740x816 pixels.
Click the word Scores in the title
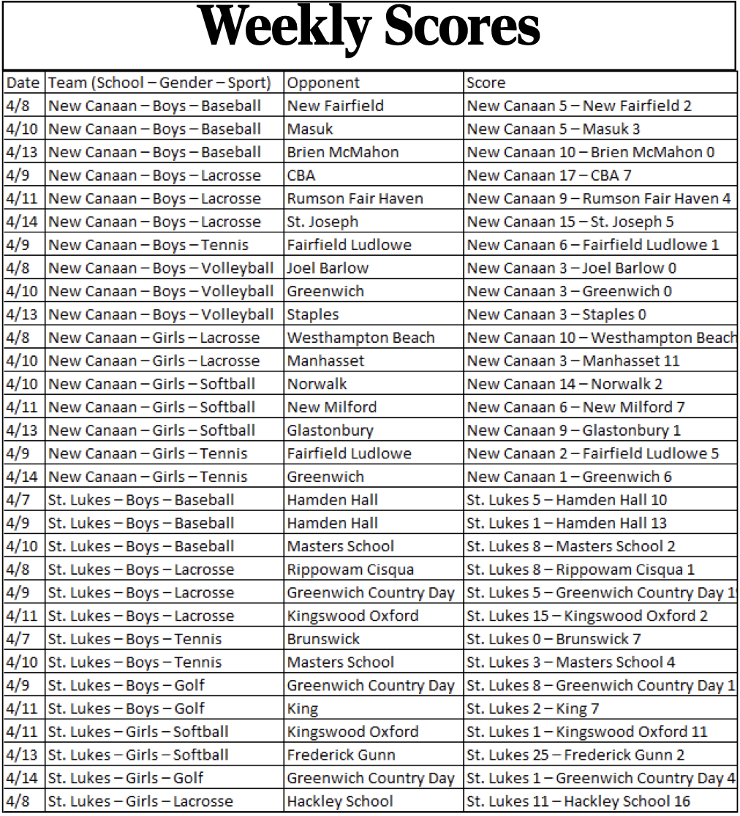(461, 28)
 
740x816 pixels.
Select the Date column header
(23, 83)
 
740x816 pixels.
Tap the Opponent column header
(323, 83)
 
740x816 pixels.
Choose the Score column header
(486, 83)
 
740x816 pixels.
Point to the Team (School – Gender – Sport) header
(159, 83)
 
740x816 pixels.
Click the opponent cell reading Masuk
(310, 129)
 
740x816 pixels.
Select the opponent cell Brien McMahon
(343, 152)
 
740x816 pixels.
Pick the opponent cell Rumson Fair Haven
(355, 198)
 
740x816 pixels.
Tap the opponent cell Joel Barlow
(328, 268)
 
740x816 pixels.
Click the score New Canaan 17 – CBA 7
(551, 175)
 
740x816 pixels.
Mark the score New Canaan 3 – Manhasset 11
(573, 360)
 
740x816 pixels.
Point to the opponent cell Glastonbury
(330, 430)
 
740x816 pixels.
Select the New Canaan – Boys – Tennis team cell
(148, 245)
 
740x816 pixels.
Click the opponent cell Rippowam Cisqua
(350, 569)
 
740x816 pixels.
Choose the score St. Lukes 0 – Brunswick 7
(554, 639)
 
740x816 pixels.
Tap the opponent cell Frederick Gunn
(341, 755)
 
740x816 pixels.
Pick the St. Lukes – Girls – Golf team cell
(126, 778)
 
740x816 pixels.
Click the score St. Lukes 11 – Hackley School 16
(578, 801)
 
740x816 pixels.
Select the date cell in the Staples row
(20, 314)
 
